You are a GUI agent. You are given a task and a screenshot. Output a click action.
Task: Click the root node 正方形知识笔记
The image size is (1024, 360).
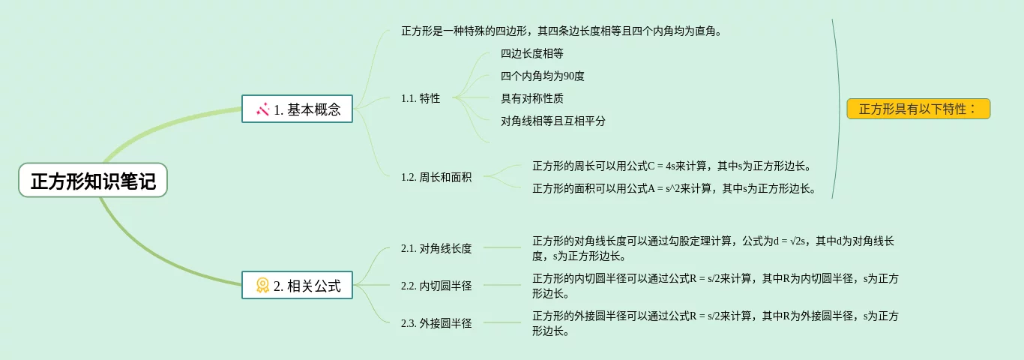coord(93,181)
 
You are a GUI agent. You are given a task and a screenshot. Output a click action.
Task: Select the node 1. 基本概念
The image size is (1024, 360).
coord(297,109)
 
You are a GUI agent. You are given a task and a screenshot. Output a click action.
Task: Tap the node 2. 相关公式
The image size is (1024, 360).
coord(297,285)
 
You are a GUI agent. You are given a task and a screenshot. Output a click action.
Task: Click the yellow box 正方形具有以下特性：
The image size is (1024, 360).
coord(918,109)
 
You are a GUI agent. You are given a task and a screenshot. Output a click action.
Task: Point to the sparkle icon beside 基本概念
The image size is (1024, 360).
coord(262,109)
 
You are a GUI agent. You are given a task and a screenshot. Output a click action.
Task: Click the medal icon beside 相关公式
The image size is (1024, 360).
coord(262,285)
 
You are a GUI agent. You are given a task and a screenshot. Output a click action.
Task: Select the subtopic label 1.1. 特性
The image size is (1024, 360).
coord(421,98)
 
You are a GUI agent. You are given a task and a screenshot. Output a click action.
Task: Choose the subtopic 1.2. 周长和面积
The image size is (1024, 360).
coord(436,178)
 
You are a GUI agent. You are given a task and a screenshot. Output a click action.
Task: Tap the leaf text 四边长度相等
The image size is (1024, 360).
coord(532,53)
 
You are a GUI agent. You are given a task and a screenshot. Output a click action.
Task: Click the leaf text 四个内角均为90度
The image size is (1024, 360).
coord(543,76)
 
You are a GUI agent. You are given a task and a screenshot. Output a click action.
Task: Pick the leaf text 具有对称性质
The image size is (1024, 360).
coord(532,98)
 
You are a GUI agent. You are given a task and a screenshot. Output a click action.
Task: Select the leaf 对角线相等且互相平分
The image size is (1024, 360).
coord(553,121)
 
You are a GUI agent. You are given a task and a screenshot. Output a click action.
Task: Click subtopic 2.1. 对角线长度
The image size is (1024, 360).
coord(436,248)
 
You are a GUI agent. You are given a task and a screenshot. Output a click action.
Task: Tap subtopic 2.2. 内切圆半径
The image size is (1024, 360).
coord(436,286)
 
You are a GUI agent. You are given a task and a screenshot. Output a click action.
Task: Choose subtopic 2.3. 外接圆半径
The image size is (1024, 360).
coord(436,323)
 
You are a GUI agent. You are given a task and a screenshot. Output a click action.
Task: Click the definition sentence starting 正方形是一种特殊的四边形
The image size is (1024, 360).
coord(561,31)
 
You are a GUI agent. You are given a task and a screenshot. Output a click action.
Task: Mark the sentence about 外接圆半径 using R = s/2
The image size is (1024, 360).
coord(715,323)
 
